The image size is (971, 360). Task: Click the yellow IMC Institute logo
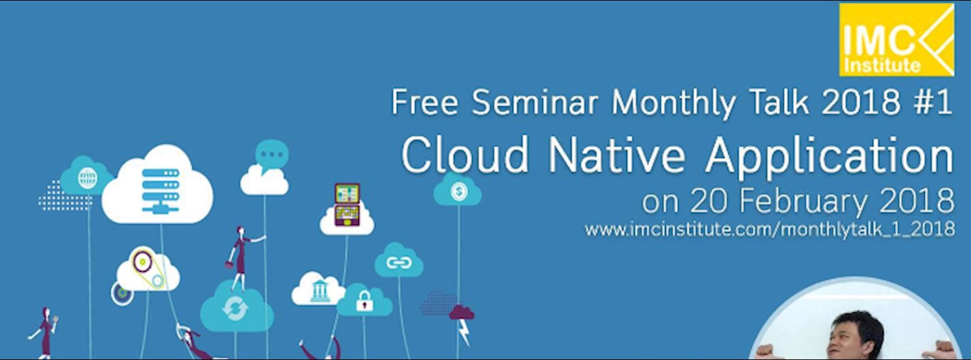897,39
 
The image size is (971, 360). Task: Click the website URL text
770,229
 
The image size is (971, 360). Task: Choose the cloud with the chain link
399,262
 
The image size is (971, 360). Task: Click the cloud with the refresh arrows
236,308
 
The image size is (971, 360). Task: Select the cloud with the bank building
318,290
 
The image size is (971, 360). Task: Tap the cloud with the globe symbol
87,177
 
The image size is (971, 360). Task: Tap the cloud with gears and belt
148,269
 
